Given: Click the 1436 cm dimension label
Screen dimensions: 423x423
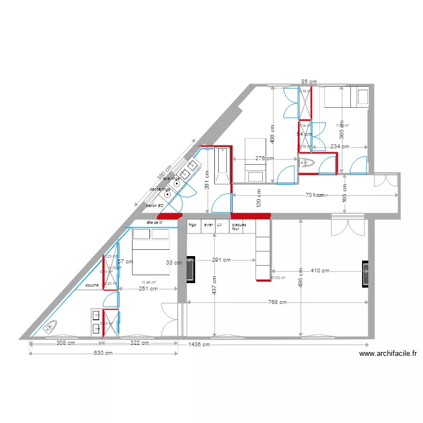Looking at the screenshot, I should point(199,345).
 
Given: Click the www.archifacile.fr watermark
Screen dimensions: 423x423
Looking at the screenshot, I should point(387,354).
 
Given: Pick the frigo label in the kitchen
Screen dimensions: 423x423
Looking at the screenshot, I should point(192,224).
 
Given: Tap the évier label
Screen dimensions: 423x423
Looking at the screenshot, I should point(209,224).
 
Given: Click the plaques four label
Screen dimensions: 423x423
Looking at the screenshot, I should point(239,226).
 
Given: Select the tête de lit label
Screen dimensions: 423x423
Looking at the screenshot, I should point(154,223).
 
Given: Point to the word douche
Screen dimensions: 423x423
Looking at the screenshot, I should point(92,285).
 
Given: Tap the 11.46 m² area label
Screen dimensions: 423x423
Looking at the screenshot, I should point(149,282).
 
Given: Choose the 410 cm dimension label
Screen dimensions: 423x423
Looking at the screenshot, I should point(320,271).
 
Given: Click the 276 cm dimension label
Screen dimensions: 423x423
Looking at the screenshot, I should point(265,158).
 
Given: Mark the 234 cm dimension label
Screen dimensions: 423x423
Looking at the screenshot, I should point(340,147).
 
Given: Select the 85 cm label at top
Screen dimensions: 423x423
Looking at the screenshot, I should point(308,82).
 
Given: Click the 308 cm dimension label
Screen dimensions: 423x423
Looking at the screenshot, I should point(65,343).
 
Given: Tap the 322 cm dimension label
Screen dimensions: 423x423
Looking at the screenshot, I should point(139,343).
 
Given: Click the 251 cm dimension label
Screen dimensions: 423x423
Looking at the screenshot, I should point(148,289).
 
